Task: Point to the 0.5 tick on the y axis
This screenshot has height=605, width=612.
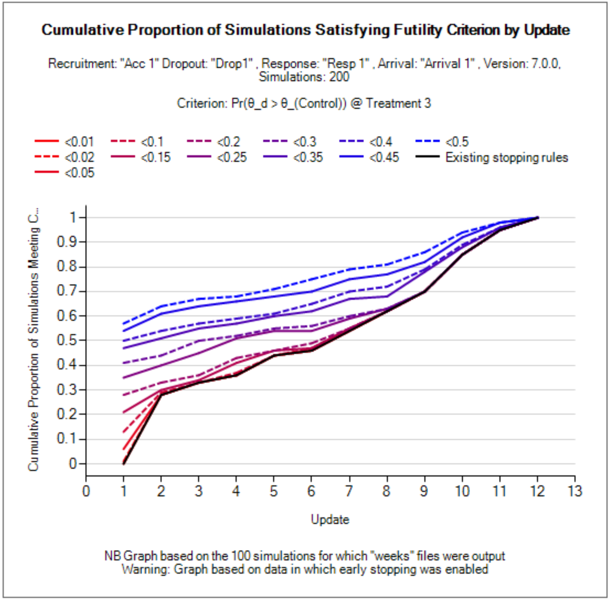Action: pyautogui.click(x=67, y=340)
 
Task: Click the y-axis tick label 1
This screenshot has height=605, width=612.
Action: pyautogui.click(x=73, y=217)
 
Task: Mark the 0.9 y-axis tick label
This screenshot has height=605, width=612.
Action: pyautogui.click(x=67, y=242)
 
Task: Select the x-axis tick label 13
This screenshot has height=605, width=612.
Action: pyautogui.click(x=575, y=491)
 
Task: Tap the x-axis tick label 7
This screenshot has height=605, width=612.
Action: pyautogui.click(x=349, y=491)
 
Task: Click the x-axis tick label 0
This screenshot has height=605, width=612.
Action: pyautogui.click(x=86, y=491)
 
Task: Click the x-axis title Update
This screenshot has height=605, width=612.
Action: pyautogui.click(x=330, y=519)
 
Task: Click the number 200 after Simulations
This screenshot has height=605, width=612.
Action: pyautogui.click(x=339, y=77)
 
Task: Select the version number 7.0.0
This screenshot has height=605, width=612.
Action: pyautogui.click(x=545, y=64)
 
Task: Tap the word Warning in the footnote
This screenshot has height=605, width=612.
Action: pyautogui.click(x=145, y=569)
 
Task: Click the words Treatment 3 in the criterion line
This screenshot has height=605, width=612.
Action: pyautogui.click(x=398, y=103)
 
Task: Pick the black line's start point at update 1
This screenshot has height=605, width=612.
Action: pyautogui.click(x=124, y=464)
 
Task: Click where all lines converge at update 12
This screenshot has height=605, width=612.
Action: pyautogui.click(x=537, y=218)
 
